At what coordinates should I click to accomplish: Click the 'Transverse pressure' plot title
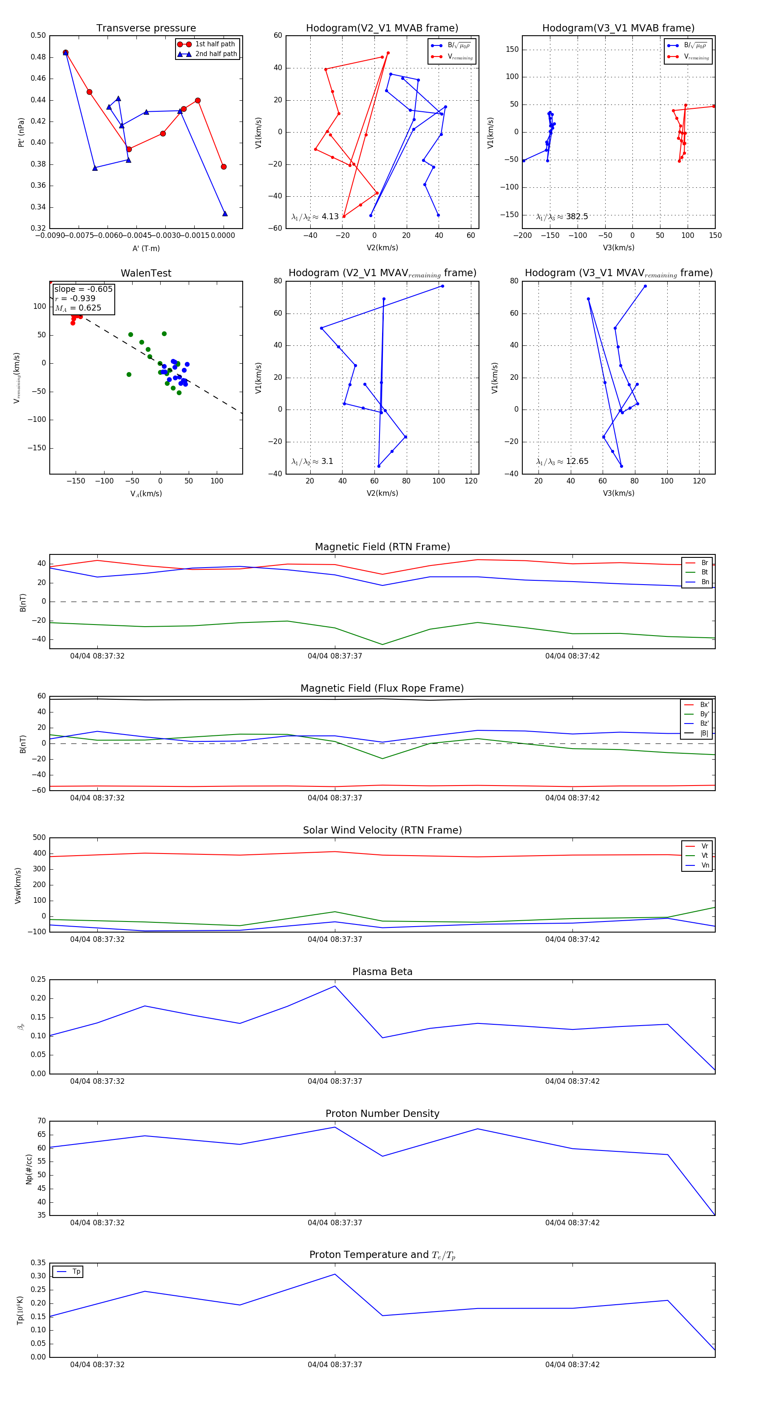pyautogui.click(x=146, y=28)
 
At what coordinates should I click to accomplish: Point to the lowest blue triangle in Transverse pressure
pyautogui.click(x=225, y=213)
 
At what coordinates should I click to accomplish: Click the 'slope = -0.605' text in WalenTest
pyautogui.click(x=83, y=289)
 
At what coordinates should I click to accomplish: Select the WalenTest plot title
pyautogui.click(x=146, y=273)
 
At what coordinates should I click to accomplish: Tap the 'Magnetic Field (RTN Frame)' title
pyautogui.click(x=382, y=547)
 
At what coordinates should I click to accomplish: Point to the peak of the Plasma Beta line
pyautogui.click(x=335, y=986)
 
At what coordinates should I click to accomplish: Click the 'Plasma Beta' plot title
pyautogui.click(x=382, y=972)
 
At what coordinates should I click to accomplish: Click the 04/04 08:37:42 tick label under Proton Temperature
pyautogui.click(x=572, y=1365)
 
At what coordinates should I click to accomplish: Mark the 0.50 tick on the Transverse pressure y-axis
pyautogui.click(x=38, y=35)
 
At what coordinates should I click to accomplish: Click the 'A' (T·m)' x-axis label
pyautogui.click(x=146, y=248)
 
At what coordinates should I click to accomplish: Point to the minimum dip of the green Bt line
pyautogui.click(x=382, y=644)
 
